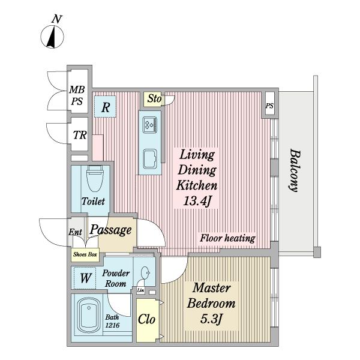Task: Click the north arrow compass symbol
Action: click(x=52, y=37)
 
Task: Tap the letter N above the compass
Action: click(x=57, y=19)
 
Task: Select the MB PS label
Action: click(x=77, y=95)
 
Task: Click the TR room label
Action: click(x=80, y=135)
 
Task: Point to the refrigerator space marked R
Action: click(x=105, y=107)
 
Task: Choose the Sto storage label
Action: click(x=154, y=99)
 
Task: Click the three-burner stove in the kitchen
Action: click(x=150, y=125)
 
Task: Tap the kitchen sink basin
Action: click(x=150, y=159)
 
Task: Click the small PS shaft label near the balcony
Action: click(x=269, y=106)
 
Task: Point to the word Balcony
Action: click(x=295, y=170)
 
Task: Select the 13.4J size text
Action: click(x=197, y=202)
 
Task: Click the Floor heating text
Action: click(x=227, y=238)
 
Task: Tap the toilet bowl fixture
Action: click(x=95, y=179)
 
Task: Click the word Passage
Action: click(x=110, y=230)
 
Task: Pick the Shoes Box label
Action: click(x=85, y=254)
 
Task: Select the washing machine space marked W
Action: click(x=85, y=278)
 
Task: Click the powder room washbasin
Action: click(x=145, y=272)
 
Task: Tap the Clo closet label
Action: click(x=146, y=319)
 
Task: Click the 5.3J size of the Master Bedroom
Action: click(x=211, y=319)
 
